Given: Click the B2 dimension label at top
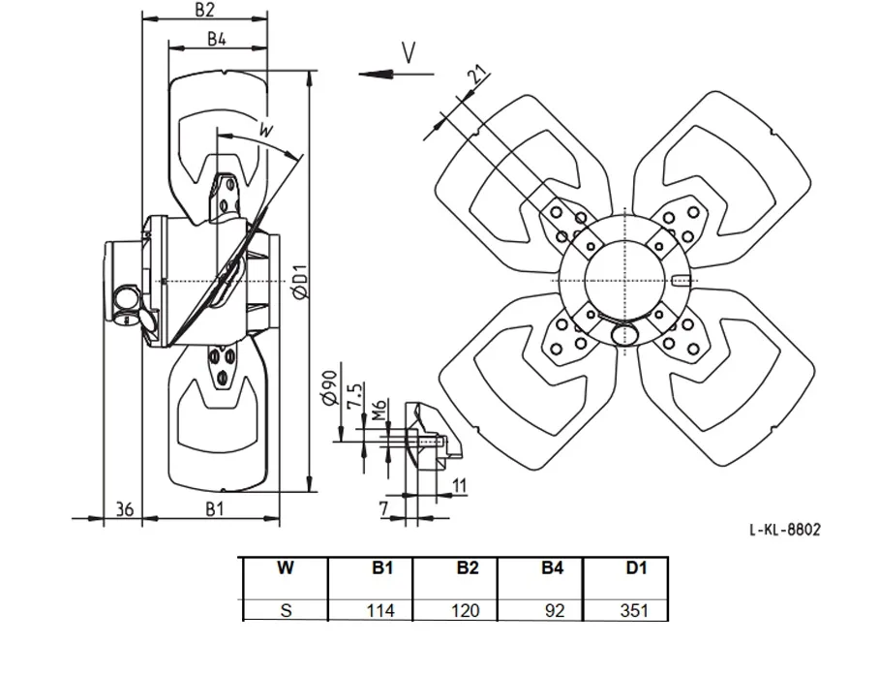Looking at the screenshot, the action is (x=204, y=10).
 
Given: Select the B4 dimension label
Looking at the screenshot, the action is (x=217, y=39).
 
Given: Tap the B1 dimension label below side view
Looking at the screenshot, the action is (x=215, y=508).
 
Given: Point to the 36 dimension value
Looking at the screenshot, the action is (x=125, y=508).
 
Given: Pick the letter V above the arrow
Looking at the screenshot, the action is (x=409, y=53).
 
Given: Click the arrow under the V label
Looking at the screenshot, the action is (x=396, y=74).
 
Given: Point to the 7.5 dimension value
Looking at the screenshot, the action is (x=355, y=396).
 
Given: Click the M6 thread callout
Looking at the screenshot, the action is (x=379, y=410).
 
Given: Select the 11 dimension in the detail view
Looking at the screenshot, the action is (x=459, y=485).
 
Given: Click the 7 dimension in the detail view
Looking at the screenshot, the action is (x=384, y=508).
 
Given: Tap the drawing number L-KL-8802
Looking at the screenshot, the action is (x=785, y=530).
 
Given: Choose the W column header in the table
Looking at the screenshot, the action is (x=286, y=567).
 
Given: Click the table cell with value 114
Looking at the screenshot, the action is (x=380, y=610).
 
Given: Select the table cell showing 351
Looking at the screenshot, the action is (x=634, y=610).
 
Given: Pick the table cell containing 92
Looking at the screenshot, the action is (x=555, y=610).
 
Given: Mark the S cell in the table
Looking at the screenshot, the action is (x=286, y=610).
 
